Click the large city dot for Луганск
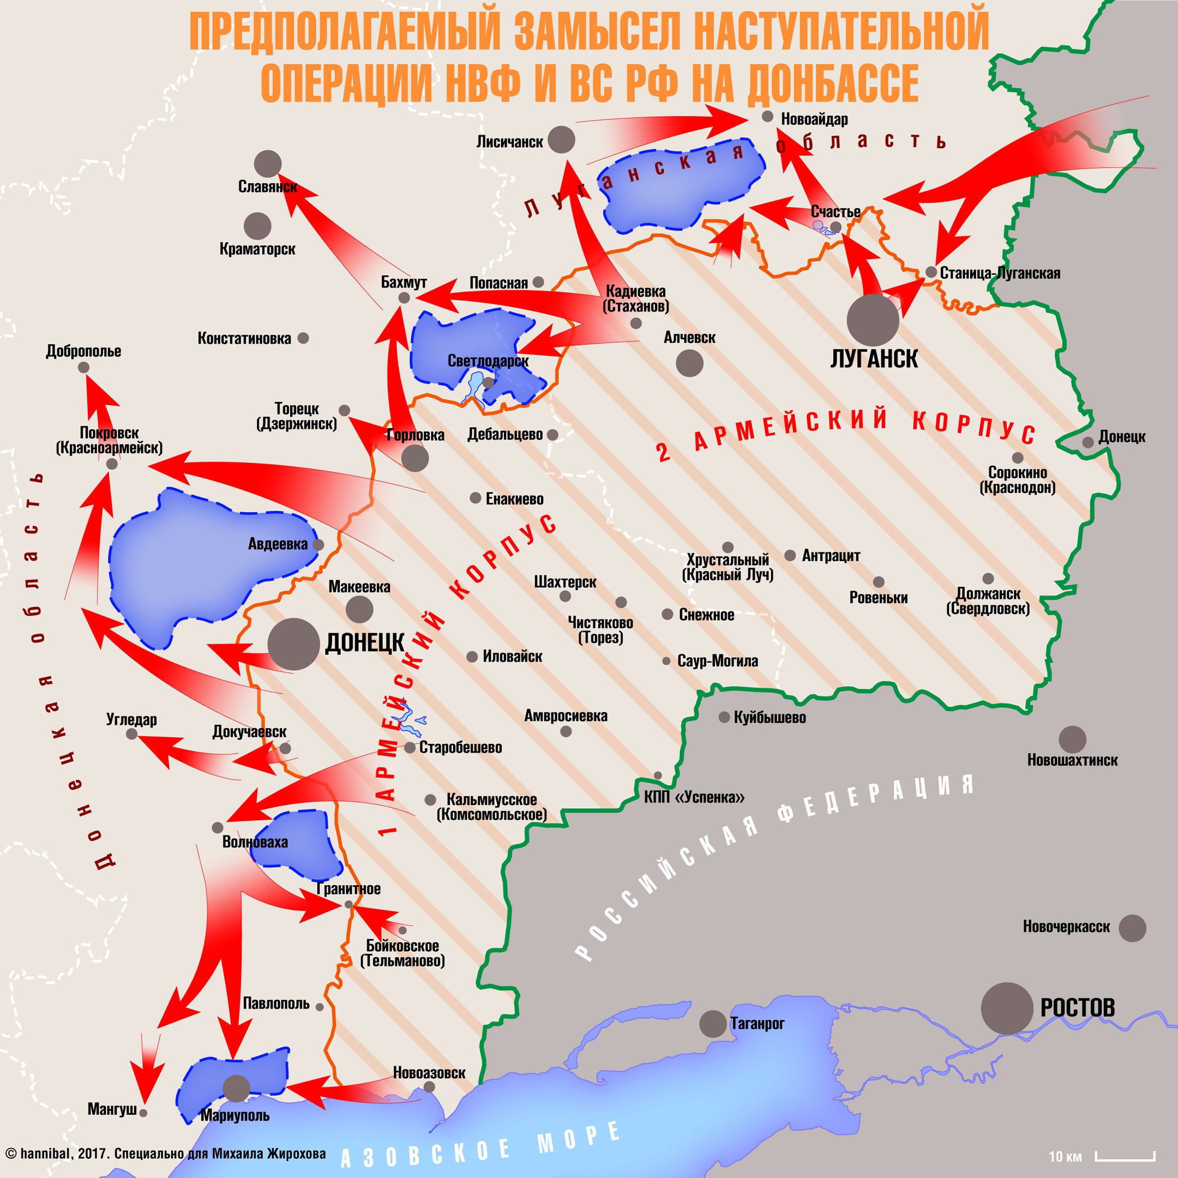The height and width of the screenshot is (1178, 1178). (873, 320)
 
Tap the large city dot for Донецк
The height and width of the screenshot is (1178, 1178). (294, 644)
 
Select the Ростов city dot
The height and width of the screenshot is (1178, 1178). (1007, 1008)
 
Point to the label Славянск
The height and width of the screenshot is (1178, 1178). (268, 187)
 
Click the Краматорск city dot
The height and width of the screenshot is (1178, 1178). (257, 226)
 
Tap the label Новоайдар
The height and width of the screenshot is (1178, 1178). (814, 119)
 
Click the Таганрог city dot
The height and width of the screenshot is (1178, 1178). (712, 1024)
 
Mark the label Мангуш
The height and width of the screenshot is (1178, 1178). (112, 1109)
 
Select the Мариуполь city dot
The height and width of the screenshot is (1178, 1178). (236, 1089)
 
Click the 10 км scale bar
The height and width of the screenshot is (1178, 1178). (1125, 1156)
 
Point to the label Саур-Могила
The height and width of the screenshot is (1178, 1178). (718, 661)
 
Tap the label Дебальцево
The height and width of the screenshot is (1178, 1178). (505, 435)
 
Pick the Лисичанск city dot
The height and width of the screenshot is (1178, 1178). (561, 140)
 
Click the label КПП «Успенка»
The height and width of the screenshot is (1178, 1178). (694, 797)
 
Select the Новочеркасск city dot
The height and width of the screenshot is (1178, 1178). (1132, 928)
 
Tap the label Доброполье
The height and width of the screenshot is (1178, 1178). (83, 351)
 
